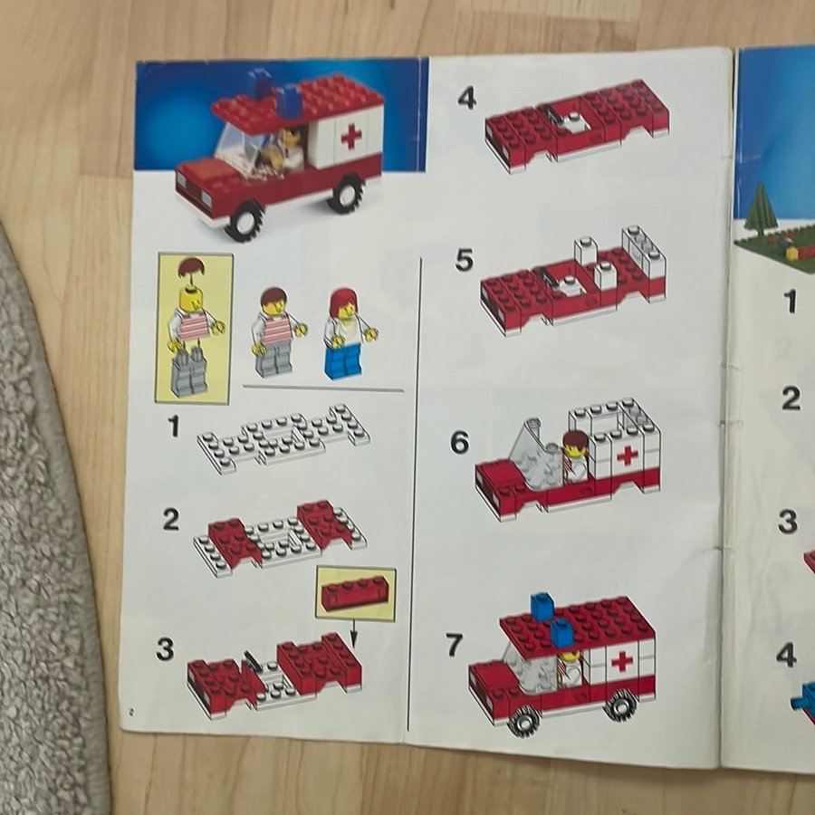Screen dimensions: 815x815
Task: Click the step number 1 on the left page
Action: pyautogui.click(x=174, y=427)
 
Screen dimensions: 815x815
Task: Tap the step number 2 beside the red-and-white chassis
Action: pyautogui.click(x=171, y=519)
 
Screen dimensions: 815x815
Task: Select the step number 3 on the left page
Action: pyautogui.click(x=165, y=649)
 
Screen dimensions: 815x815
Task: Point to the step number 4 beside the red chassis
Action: pyautogui.click(x=466, y=98)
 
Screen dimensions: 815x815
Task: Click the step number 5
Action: pyautogui.click(x=465, y=260)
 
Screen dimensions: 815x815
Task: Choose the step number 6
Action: pyautogui.click(x=459, y=442)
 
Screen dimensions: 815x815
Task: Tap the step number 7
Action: pyautogui.click(x=455, y=645)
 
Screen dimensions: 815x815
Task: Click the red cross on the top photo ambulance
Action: pyautogui.click(x=351, y=137)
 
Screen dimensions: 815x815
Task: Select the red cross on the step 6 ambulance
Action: pyautogui.click(x=628, y=455)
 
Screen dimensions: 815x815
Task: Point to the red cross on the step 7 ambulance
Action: pyautogui.click(x=621, y=662)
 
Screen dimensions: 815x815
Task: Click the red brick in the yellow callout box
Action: pyautogui.click(x=356, y=595)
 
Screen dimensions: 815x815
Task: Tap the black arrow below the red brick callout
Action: pyautogui.click(x=354, y=633)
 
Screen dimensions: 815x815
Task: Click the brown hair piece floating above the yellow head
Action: pyautogui.click(x=191, y=267)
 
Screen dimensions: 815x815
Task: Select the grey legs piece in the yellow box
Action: pyautogui.click(x=188, y=371)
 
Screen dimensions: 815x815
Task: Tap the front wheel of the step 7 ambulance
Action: pyautogui.click(x=523, y=721)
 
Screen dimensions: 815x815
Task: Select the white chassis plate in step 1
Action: pyautogui.click(x=283, y=438)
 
